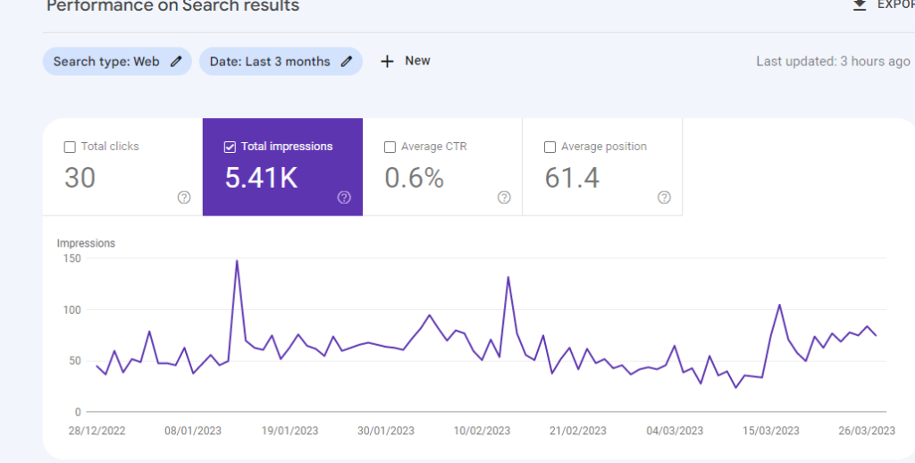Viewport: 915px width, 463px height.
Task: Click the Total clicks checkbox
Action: (x=70, y=147)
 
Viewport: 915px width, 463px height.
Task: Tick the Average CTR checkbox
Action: (x=390, y=147)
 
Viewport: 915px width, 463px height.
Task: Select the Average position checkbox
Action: (x=550, y=147)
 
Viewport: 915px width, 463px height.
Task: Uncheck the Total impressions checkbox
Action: (x=230, y=147)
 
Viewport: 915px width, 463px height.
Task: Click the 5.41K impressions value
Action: (x=261, y=178)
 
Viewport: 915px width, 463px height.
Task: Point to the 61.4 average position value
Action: (x=572, y=178)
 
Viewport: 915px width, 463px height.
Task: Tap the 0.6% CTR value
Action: (x=414, y=178)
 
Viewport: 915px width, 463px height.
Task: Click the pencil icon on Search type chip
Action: (x=177, y=62)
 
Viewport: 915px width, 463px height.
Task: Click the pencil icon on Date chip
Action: (x=347, y=62)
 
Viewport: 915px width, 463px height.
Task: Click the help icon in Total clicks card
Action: (x=184, y=198)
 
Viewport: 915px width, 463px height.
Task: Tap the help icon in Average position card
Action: (x=664, y=198)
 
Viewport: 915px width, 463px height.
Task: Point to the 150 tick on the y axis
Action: (x=71, y=259)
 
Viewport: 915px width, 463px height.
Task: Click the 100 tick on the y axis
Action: (x=71, y=310)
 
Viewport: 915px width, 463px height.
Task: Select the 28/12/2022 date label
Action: (x=97, y=431)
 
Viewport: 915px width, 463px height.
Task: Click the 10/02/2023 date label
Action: (x=482, y=431)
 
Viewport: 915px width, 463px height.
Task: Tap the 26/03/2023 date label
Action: (x=865, y=431)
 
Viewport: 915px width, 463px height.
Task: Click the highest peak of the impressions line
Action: (x=237, y=261)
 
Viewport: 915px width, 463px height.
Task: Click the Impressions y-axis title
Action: (x=86, y=243)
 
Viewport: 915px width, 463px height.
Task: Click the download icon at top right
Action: (x=860, y=4)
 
